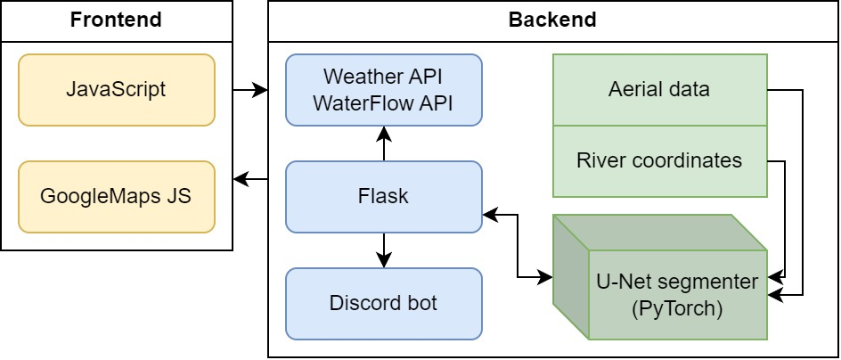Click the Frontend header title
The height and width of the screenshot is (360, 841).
pos(116,20)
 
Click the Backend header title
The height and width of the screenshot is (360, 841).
pos(552,20)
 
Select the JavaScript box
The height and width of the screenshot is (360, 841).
pos(116,89)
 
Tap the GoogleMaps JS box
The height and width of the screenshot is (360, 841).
pos(116,196)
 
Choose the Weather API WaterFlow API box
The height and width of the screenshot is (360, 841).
pos(383,89)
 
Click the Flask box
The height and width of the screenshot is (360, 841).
pos(383,196)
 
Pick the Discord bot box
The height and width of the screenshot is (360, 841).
pos(383,303)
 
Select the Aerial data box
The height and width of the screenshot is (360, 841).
pos(659,89)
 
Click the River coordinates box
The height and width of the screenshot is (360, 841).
pos(659,160)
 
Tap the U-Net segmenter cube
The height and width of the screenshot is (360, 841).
pos(677,294)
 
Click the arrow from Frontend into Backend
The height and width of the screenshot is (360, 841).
pos(250,90)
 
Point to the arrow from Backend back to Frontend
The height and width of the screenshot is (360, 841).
pos(250,181)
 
